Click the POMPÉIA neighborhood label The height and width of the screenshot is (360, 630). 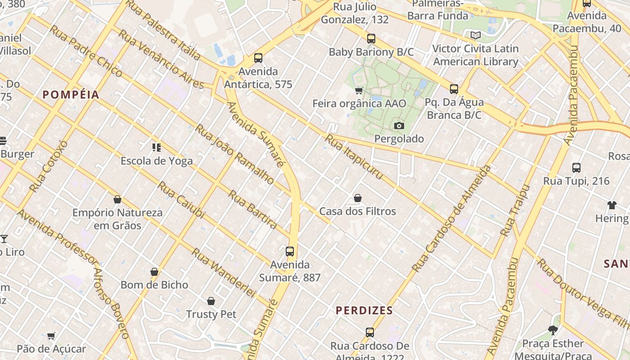[71, 94]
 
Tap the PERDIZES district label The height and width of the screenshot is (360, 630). [364, 310]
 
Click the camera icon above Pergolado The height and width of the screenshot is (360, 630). [399, 126]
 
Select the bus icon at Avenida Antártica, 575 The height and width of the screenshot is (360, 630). [258, 58]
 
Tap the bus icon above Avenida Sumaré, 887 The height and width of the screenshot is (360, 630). [290, 252]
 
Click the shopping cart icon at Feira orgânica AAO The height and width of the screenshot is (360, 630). [359, 91]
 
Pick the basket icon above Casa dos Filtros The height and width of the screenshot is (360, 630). [358, 198]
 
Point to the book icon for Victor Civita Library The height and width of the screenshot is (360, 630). [476, 35]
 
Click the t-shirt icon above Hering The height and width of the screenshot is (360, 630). [612, 206]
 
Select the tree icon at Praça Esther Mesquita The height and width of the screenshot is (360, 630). [553, 331]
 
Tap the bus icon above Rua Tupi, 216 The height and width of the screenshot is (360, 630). [576, 168]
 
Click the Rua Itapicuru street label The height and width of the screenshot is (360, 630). [354, 157]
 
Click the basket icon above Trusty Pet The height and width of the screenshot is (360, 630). [211, 301]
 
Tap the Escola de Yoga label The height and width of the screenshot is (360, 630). [157, 161]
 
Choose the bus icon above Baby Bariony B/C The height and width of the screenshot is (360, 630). [371, 39]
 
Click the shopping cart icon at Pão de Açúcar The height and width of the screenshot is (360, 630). [51, 336]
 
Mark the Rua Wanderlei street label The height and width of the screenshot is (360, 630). [224, 273]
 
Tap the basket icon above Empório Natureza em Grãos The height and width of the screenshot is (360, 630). [117, 199]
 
